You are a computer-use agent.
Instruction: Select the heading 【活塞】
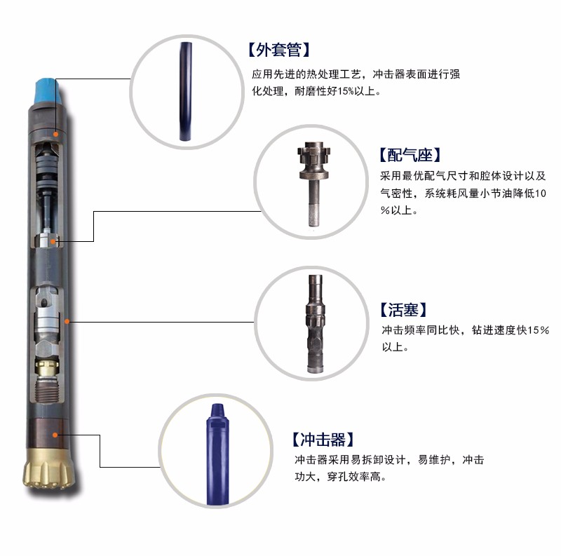(x=403, y=310)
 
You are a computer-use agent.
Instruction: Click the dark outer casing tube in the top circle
(x=187, y=91)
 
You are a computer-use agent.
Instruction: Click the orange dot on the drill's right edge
(x=67, y=321)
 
